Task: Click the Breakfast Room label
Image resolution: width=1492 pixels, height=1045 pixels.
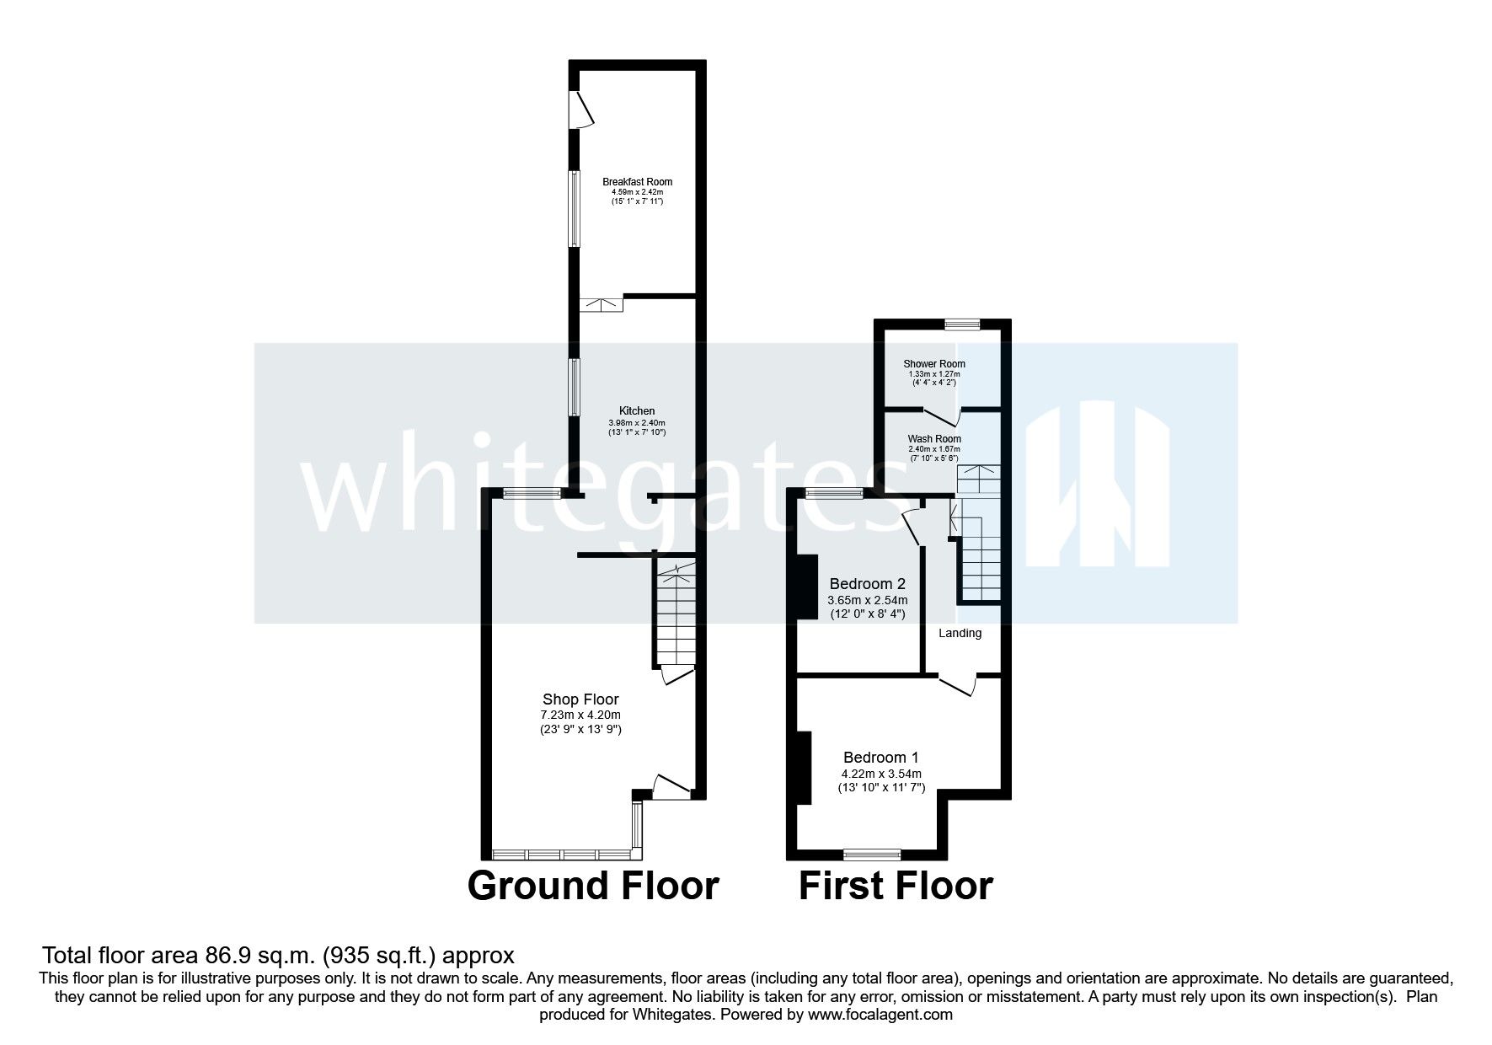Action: coord(637,181)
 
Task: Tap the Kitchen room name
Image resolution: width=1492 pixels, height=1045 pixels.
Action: coord(637,411)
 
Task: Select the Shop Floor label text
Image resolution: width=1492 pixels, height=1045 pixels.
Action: coord(580,699)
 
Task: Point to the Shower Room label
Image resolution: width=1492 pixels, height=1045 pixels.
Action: coord(934,364)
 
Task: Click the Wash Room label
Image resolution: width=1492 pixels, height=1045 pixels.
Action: coord(934,439)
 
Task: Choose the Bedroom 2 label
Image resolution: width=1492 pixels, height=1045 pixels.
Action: coord(867,583)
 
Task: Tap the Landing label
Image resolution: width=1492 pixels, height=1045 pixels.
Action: coord(960,633)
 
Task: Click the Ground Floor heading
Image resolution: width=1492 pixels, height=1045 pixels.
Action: coord(593,886)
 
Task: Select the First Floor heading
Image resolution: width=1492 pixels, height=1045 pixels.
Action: coord(896,886)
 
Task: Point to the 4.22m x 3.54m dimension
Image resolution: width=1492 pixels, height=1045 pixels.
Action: coord(881,774)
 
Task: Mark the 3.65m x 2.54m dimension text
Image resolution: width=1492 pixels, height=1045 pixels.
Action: coord(867,600)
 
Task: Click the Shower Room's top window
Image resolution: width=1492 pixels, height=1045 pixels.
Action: coord(962,323)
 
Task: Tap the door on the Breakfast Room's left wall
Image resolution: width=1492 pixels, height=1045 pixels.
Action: coord(580,110)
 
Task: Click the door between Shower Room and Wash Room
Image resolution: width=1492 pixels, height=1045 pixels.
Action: coord(943,416)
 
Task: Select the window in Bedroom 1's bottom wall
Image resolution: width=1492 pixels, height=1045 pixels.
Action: coord(872,854)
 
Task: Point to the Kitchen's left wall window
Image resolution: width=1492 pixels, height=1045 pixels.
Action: coord(573,387)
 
